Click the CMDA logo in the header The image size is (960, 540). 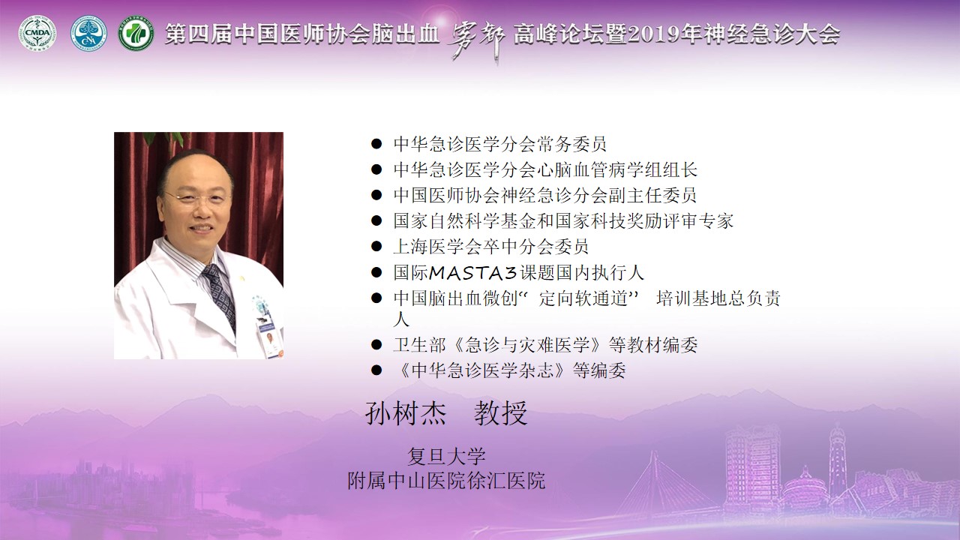click(x=37, y=34)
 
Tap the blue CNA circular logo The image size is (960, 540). click(x=88, y=34)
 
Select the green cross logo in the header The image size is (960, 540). click(x=136, y=34)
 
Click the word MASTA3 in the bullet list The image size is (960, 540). click(x=472, y=273)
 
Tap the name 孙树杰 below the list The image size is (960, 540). click(x=406, y=413)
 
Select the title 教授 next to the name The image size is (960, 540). click(x=500, y=413)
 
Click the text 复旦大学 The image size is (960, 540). click(x=446, y=457)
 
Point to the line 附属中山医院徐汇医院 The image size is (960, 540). click(x=446, y=481)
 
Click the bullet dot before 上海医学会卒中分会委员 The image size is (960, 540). click(x=376, y=247)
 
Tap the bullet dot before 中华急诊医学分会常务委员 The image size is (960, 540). click(x=376, y=144)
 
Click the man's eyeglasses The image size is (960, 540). click(x=196, y=198)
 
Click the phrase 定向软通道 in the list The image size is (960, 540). click(x=583, y=298)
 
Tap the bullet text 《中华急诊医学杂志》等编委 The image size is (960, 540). click(x=510, y=370)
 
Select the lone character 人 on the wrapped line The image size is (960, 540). click(x=401, y=319)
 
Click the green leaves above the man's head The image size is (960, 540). click(x=165, y=139)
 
